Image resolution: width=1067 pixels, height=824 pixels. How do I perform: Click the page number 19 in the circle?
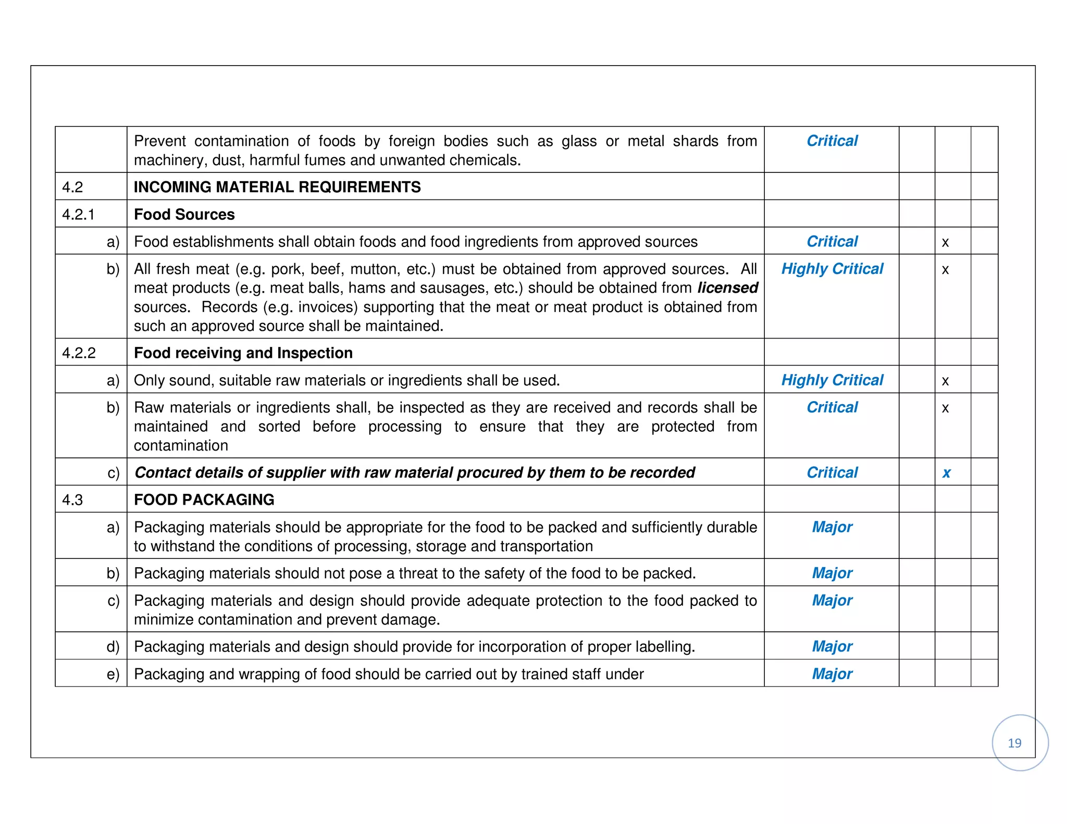pos(1014,743)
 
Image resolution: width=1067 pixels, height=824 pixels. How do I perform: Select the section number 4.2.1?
pos(78,215)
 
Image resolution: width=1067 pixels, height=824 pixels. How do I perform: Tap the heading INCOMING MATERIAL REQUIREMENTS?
pos(277,187)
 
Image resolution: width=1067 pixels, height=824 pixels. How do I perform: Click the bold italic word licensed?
pos(727,288)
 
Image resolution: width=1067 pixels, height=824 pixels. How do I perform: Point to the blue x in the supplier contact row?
pos(946,473)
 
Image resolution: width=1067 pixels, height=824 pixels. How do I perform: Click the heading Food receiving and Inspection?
pos(243,353)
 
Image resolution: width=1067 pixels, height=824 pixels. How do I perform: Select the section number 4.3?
pos(72,500)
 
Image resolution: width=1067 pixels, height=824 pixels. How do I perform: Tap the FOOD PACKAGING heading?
pos(204,500)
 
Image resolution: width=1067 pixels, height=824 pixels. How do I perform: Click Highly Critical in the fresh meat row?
pos(832,269)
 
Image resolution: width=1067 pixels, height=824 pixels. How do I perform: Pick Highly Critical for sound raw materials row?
pos(832,380)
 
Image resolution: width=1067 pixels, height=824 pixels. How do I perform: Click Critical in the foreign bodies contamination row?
pos(832,141)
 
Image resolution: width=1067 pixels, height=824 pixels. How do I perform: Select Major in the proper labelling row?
pos(832,646)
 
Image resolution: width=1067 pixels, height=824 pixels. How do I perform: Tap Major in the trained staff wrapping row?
pos(832,674)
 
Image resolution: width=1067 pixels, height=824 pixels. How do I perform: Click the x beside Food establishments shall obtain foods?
pos(945,242)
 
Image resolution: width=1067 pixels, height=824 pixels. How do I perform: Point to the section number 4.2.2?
pos(79,353)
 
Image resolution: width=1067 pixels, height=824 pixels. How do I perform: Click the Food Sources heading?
pos(184,215)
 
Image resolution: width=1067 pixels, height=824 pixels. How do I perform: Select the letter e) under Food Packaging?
pos(113,674)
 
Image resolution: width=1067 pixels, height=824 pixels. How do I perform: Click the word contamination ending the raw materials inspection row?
pos(181,446)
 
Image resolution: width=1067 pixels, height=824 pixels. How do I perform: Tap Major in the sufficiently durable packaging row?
pos(832,527)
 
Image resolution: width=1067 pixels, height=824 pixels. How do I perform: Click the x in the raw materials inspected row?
pos(945,408)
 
